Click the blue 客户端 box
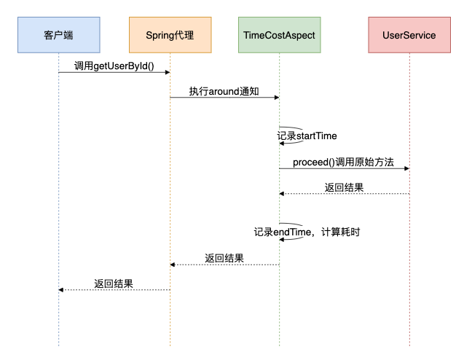(59, 34)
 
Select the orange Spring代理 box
(170, 34)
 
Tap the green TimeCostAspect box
(279, 34)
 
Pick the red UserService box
(409, 34)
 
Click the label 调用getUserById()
(114, 66)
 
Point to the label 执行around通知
(224, 92)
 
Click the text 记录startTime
(307, 136)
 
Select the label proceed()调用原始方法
(343, 162)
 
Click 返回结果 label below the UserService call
(344, 187)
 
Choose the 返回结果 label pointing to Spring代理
(224, 258)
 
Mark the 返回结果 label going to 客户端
(114, 283)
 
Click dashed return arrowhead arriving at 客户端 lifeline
(62, 290)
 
